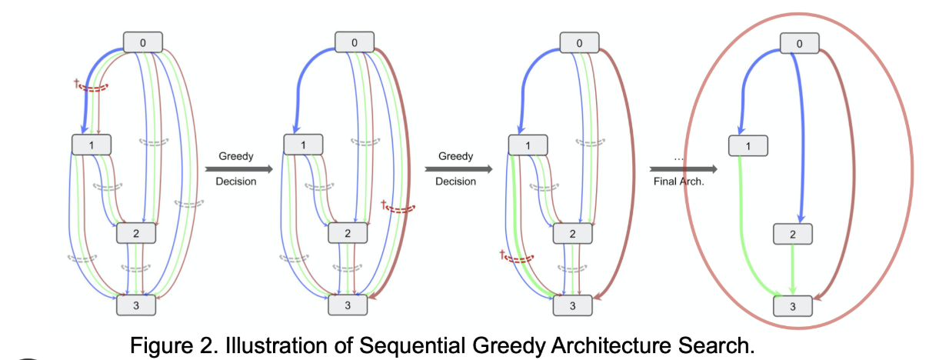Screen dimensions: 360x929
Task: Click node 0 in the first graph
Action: (142, 42)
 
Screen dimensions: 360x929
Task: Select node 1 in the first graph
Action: (91, 144)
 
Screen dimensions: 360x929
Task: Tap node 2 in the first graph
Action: (136, 232)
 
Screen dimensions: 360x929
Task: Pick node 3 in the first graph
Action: (136, 305)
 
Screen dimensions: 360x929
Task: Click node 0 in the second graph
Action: (355, 42)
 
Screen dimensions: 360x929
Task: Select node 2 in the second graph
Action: (348, 232)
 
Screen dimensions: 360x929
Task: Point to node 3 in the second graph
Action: (348, 305)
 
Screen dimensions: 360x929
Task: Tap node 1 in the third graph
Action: (528, 144)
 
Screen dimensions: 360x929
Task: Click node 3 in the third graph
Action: (573, 305)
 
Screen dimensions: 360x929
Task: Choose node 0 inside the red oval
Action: (800, 44)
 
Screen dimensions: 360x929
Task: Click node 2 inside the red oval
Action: (792, 234)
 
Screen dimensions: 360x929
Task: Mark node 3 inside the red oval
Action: (792, 305)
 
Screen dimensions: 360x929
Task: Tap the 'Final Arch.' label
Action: (679, 182)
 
